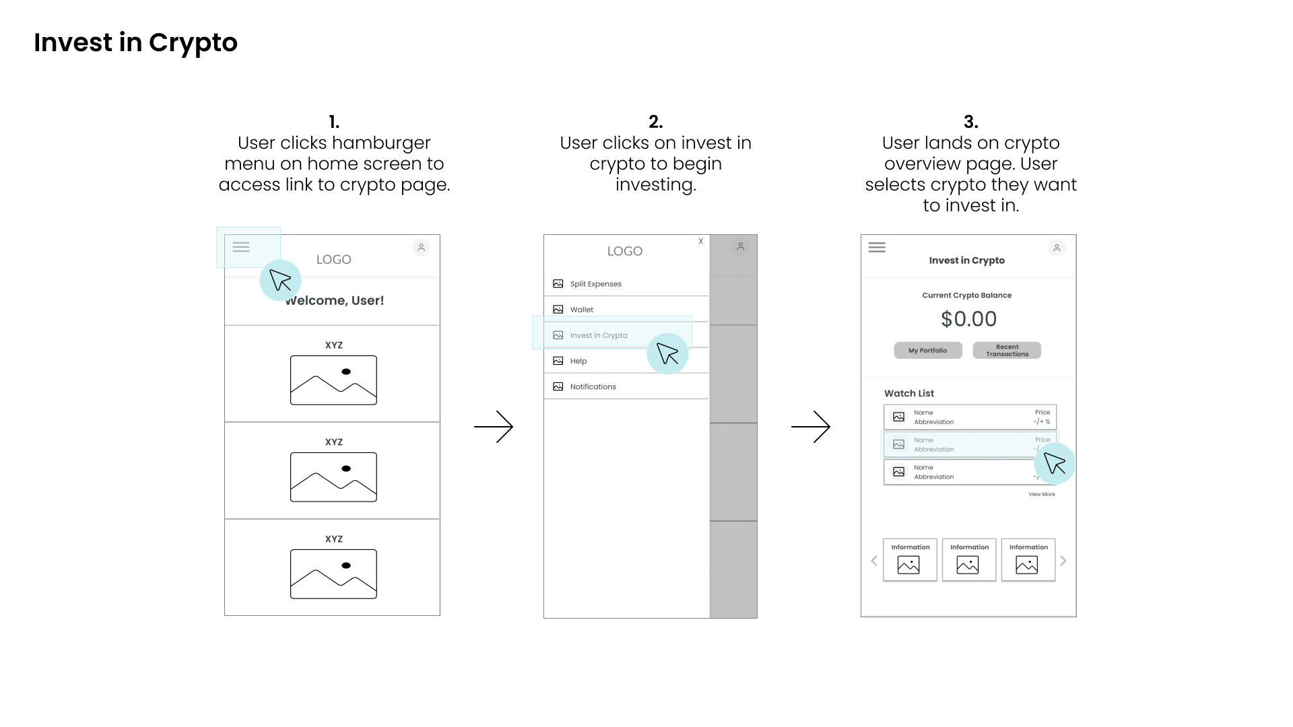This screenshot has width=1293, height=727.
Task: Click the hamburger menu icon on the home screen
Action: tap(241, 247)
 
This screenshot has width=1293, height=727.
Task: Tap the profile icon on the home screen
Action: tap(421, 248)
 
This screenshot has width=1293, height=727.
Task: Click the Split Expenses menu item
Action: tap(595, 284)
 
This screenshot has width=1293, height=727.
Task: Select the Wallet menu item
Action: tap(582, 310)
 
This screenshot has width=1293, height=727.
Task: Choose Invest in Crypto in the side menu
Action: tap(598, 335)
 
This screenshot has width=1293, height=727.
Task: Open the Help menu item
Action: tap(578, 361)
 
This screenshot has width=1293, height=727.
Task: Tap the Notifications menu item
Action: tap(593, 386)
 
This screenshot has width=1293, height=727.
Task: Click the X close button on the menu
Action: tap(700, 241)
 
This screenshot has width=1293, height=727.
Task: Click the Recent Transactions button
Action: tap(1007, 351)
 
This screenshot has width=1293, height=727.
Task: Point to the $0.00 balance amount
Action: tap(968, 319)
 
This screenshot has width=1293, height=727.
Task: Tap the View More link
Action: tap(1041, 494)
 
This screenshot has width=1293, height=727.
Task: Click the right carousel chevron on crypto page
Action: tap(1063, 561)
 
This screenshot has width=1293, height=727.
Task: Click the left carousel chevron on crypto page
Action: tap(874, 561)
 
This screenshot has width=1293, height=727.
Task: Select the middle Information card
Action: tap(969, 559)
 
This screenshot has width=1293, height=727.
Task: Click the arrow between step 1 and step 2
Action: tap(494, 427)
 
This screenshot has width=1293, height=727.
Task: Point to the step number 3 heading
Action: tap(970, 122)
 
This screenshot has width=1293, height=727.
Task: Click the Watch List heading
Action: tap(909, 393)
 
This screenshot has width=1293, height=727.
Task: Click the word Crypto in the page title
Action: tap(193, 43)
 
